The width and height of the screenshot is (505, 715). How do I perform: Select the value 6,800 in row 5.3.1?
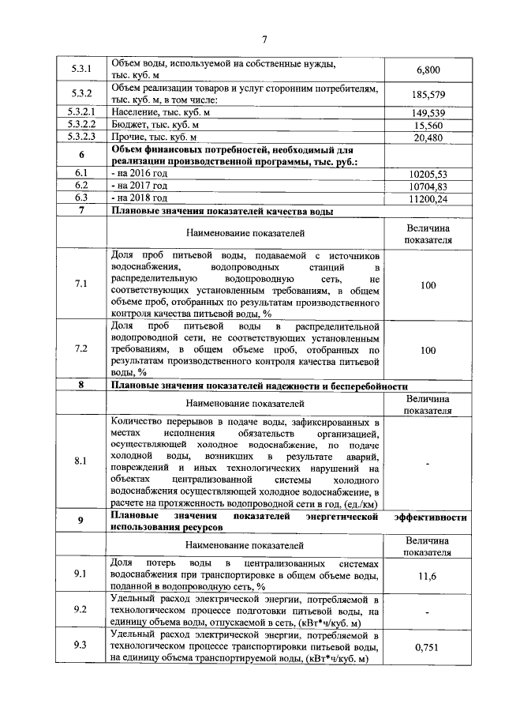pyautogui.click(x=428, y=70)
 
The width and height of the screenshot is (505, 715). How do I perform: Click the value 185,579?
pyautogui.click(x=428, y=95)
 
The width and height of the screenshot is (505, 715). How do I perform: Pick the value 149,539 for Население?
pyautogui.click(x=428, y=114)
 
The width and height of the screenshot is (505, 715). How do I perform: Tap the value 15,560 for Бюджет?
pyautogui.click(x=428, y=126)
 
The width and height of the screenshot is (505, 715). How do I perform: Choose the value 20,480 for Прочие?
pyautogui.click(x=428, y=137)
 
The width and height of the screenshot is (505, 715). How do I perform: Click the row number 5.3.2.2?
pyautogui.click(x=81, y=126)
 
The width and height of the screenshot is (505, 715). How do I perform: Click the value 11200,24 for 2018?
pyautogui.click(x=428, y=198)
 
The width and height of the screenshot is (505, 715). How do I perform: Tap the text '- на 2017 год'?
pyautogui.click(x=140, y=185)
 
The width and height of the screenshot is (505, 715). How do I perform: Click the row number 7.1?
pyautogui.click(x=81, y=284)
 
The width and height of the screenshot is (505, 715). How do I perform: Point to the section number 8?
pyautogui.click(x=81, y=386)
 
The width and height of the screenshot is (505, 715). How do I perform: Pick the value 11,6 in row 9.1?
pyautogui.click(x=428, y=576)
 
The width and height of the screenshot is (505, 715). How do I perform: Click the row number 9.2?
pyautogui.click(x=81, y=611)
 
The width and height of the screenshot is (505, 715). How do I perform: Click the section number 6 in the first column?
pyautogui.click(x=81, y=155)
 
